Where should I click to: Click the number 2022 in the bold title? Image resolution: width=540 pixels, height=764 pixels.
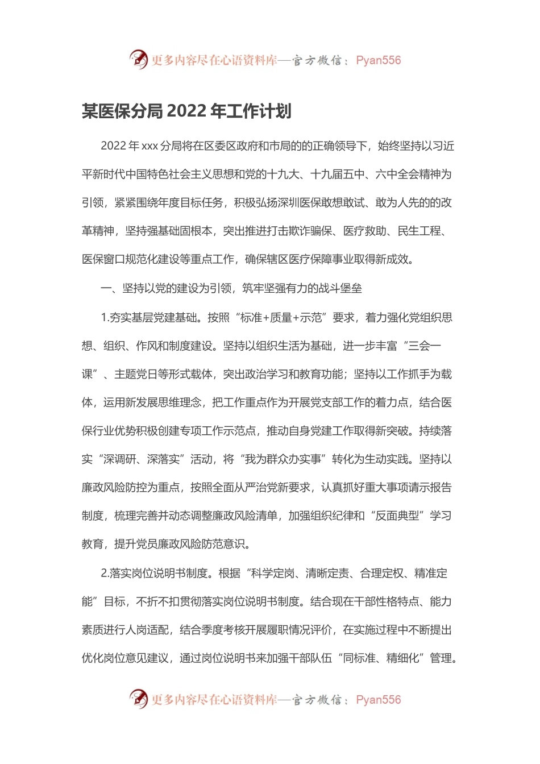tap(187, 111)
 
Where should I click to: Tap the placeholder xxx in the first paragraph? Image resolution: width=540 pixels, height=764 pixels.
tap(149, 146)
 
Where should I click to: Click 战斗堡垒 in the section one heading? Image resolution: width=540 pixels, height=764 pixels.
tap(340, 289)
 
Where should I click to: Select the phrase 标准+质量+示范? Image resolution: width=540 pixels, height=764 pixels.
tap(281, 318)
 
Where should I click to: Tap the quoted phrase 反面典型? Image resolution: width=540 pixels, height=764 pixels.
tap(397, 516)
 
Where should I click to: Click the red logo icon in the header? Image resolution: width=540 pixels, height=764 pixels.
tap(138, 59)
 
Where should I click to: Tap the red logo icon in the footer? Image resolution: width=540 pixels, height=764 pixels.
tap(138, 699)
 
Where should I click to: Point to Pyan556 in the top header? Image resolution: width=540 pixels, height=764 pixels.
tap(378, 60)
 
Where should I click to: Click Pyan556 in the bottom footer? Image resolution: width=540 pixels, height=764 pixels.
tap(378, 700)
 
